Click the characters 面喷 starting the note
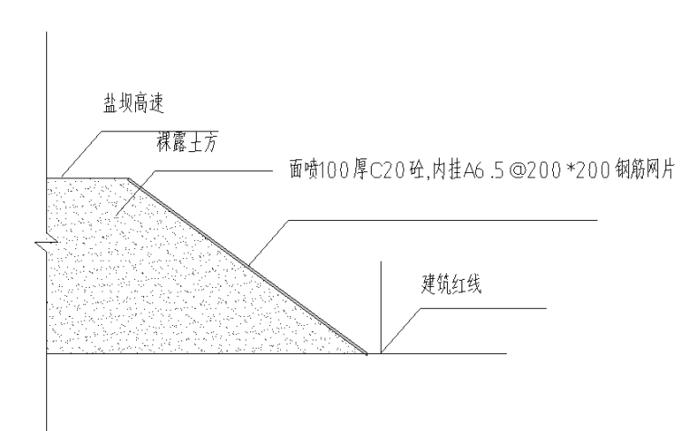[x=301, y=172]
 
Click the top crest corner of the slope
[x=127, y=178]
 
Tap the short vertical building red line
[x=382, y=308]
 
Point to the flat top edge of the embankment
[x=86, y=177]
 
